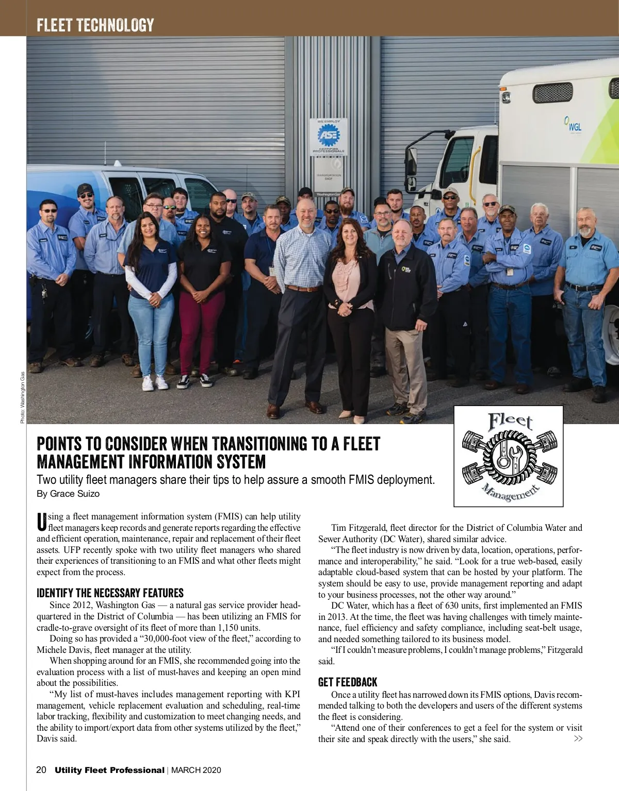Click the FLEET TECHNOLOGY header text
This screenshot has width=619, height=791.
tap(95, 25)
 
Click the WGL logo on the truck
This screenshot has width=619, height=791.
tap(573, 124)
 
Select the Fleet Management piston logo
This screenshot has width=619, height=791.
tap(508, 456)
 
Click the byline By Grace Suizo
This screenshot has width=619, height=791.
tap(68, 494)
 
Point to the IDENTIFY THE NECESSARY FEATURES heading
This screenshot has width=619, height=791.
tap(110, 593)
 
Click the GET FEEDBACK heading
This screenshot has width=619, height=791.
tap(348, 682)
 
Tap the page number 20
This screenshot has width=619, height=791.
tap(41, 770)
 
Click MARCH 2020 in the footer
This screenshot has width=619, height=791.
tap(196, 770)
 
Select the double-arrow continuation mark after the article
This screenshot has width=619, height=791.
tap(578, 739)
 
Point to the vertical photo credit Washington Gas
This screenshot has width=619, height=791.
tap(22, 397)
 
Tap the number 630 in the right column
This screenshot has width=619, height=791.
tap(455, 606)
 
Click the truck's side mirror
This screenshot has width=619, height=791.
tap(411, 161)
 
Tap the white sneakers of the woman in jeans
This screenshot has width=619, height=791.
tap(155, 382)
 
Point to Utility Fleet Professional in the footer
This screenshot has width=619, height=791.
tap(109, 770)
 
